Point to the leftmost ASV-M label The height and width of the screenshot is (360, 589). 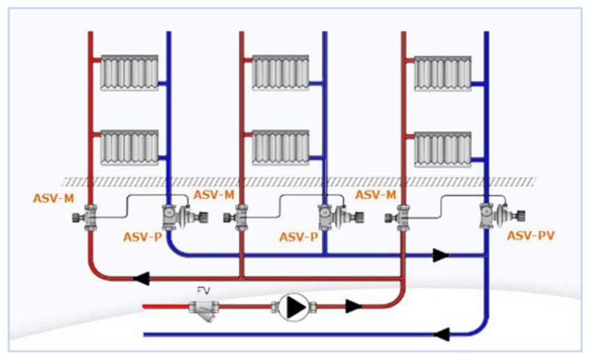53,197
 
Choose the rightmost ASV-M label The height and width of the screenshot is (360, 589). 376,194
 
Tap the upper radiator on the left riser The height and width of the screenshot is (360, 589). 130,72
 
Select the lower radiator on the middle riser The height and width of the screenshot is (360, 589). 281,148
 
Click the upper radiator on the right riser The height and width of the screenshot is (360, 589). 442,72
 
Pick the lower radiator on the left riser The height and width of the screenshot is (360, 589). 130,148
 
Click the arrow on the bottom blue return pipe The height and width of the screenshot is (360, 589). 442,335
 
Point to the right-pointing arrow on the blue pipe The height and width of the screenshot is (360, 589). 441,255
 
